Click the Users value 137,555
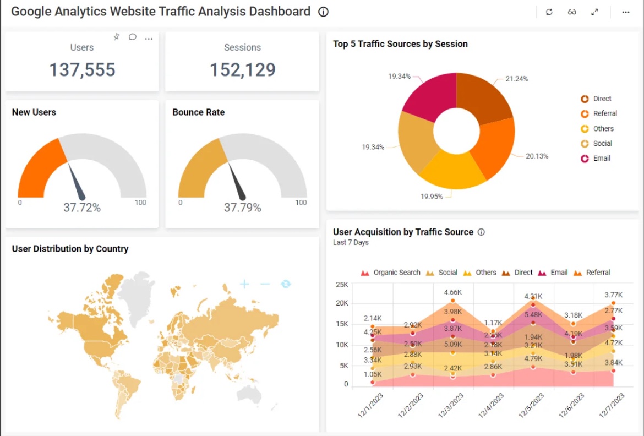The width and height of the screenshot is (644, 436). (x=82, y=70)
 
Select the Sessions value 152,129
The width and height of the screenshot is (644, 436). (x=242, y=70)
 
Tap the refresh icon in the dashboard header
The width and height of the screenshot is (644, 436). (x=549, y=12)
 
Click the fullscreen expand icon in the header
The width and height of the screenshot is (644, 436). (x=594, y=12)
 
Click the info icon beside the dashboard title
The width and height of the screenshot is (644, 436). (x=324, y=12)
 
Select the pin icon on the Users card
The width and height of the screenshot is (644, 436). (x=116, y=37)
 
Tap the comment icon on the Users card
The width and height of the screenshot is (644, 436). (x=133, y=37)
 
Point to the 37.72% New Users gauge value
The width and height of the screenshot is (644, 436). (x=82, y=208)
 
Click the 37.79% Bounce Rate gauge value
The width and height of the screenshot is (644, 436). (x=242, y=208)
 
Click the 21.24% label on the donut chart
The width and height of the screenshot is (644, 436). (x=516, y=79)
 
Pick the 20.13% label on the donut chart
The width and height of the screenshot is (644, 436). (x=537, y=156)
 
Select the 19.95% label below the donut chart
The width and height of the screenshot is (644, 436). (x=432, y=197)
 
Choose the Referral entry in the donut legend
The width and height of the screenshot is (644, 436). (x=604, y=113)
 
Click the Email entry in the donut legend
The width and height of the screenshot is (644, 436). (x=601, y=158)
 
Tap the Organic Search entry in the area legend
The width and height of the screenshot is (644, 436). (x=396, y=272)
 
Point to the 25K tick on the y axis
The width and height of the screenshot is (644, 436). (x=342, y=285)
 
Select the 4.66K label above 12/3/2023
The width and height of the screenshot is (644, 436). (x=452, y=292)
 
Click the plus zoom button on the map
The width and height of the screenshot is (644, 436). (x=244, y=284)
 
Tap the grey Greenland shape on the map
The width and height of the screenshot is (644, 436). (x=136, y=292)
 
